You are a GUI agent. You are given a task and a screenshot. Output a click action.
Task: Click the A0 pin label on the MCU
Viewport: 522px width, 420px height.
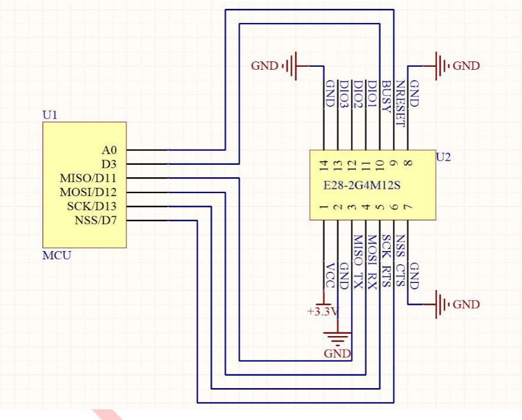click(x=109, y=150)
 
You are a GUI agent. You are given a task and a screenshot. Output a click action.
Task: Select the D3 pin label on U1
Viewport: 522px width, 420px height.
click(x=109, y=164)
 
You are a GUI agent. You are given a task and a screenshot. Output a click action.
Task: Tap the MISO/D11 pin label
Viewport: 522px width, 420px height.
click(x=88, y=178)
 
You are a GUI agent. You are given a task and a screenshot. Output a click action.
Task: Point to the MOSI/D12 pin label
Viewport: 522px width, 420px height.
click(x=88, y=192)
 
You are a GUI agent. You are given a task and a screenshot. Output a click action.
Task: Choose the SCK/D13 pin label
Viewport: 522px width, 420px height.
click(x=92, y=206)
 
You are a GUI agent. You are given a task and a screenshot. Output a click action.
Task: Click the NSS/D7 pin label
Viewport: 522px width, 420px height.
click(x=96, y=220)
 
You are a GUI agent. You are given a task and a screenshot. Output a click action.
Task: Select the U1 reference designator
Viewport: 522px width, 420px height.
click(x=50, y=115)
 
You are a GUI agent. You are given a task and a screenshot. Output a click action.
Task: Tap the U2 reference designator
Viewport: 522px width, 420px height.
click(x=443, y=157)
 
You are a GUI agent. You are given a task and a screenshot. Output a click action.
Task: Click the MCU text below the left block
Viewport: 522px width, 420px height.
click(x=57, y=255)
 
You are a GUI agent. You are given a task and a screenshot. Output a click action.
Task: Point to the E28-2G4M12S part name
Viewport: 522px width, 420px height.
click(x=362, y=185)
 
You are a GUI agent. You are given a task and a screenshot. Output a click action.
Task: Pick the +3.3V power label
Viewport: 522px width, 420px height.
click(x=323, y=312)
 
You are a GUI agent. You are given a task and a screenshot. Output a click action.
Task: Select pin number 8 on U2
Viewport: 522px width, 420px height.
click(x=408, y=163)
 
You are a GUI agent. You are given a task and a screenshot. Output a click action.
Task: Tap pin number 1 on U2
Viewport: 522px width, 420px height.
click(x=324, y=207)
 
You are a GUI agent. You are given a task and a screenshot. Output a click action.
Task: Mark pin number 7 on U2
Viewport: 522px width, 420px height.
click(x=408, y=207)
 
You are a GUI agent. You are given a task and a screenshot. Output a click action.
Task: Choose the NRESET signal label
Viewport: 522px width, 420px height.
click(x=400, y=103)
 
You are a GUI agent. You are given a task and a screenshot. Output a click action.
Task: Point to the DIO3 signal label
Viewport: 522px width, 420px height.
click(x=344, y=95)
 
